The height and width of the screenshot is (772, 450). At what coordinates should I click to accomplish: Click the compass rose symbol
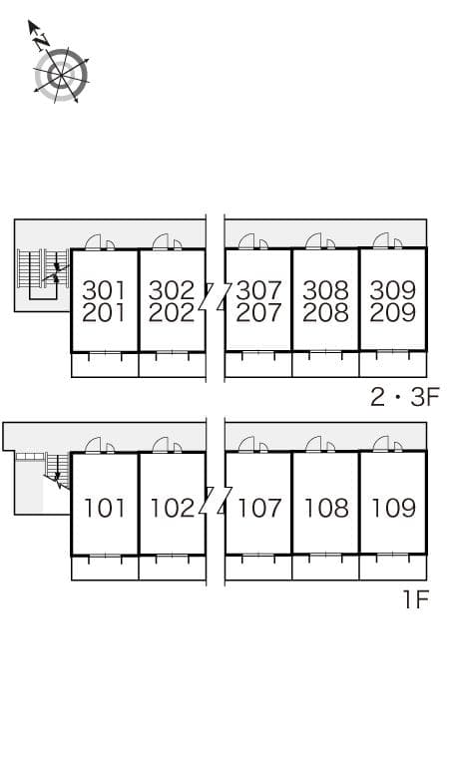tap(61, 75)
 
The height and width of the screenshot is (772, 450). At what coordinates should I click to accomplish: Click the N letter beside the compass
tap(41, 41)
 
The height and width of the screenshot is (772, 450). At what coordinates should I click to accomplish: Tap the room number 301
tap(104, 290)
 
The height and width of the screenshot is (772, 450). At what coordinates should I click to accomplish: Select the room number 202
tap(172, 312)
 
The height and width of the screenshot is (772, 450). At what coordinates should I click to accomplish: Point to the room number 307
tap(258, 290)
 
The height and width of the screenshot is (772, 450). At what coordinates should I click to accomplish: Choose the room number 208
tap(325, 312)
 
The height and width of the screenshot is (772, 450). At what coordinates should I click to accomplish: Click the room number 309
tap(392, 290)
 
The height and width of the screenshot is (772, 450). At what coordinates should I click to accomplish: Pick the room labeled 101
tap(104, 508)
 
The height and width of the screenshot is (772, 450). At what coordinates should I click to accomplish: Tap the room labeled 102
tap(172, 508)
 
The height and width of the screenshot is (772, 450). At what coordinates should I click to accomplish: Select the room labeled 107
tap(258, 508)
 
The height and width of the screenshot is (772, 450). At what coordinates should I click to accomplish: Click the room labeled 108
tap(325, 508)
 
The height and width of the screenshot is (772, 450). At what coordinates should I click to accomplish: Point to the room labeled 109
tap(392, 508)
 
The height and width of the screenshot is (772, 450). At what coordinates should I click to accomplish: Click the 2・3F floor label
tap(404, 397)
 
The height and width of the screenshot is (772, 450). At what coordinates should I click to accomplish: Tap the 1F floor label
tap(415, 601)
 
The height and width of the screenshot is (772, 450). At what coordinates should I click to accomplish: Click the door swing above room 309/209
tap(383, 241)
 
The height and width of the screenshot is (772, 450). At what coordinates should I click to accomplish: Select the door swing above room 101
tap(96, 445)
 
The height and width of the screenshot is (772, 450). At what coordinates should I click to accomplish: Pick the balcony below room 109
tap(392, 567)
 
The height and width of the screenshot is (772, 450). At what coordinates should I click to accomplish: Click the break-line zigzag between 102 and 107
tap(215, 499)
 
